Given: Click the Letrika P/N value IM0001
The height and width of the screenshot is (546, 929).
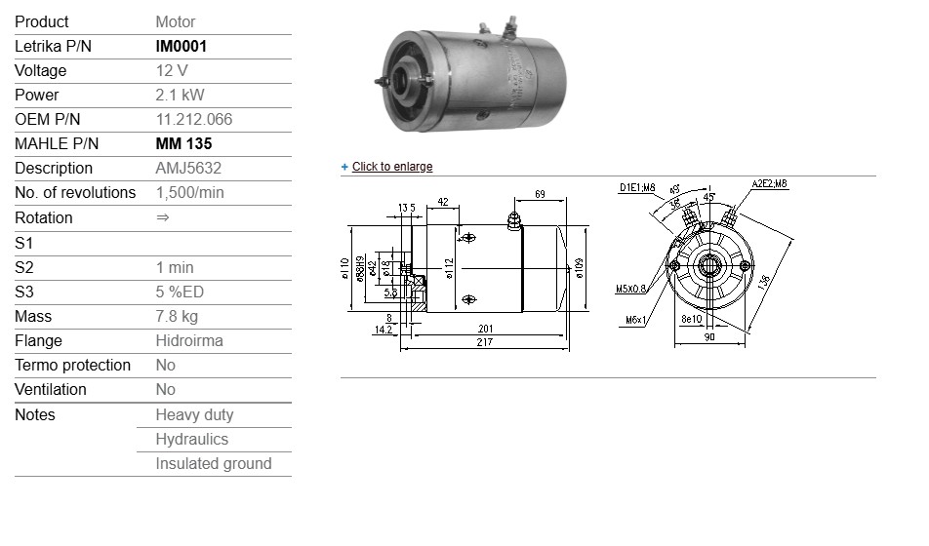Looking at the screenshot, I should coord(182,46).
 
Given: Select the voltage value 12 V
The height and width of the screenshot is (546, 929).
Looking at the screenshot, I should coord(172,70).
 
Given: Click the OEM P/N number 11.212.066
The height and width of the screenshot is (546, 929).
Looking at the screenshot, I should coord(194,119).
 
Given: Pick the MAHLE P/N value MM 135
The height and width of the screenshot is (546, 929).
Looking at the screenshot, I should coord(184,143).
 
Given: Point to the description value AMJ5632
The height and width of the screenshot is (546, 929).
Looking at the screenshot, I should coord(188,168).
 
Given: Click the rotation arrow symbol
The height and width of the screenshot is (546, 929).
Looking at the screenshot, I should coord(163,217).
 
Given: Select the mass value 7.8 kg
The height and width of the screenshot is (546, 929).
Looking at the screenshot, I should coord(177,316).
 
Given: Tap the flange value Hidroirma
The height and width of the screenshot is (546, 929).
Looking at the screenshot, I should coord(189,340).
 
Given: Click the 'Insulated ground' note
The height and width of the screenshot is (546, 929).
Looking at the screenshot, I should coord(214,463).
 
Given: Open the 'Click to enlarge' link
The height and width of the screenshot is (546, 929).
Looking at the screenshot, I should coord(391,167).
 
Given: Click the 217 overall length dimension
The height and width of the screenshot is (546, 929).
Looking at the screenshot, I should coord(484,342).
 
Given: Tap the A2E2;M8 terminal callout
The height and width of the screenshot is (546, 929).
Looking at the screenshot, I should coord(769,183).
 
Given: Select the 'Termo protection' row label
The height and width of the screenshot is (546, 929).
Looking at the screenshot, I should coord(72,365).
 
